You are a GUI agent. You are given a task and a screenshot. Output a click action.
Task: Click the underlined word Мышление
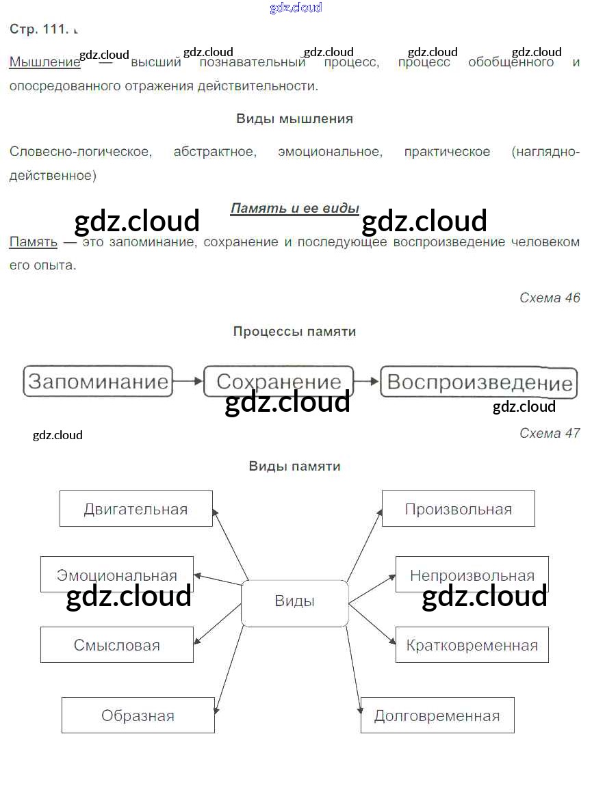(x=44, y=62)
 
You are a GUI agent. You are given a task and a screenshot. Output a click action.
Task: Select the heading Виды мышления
(x=294, y=119)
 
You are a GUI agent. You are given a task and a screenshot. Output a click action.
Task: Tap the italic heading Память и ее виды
(x=294, y=208)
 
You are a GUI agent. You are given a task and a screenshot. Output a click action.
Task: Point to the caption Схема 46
(x=550, y=298)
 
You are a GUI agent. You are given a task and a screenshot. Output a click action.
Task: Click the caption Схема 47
(x=550, y=433)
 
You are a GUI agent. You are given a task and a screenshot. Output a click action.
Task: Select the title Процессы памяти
(x=294, y=332)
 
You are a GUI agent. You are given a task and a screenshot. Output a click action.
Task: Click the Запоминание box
(x=99, y=381)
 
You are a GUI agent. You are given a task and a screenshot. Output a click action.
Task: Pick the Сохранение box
(x=279, y=381)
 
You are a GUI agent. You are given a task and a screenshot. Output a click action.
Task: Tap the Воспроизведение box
(x=479, y=382)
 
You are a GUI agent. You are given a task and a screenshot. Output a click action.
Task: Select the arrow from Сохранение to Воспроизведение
(x=367, y=381)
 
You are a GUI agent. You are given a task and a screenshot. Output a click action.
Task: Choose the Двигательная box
(x=136, y=509)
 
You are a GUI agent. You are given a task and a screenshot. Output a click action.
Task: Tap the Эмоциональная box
(x=116, y=575)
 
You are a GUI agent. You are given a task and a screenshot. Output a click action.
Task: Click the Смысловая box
(x=116, y=645)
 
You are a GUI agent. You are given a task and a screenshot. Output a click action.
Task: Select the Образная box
(x=138, y=716)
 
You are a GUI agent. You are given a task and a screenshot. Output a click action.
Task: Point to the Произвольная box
(x=458, y=509)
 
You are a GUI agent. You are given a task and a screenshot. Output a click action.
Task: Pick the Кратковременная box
(x=472, y=645)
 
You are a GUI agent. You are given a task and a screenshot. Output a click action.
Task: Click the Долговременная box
(x=437, y=716)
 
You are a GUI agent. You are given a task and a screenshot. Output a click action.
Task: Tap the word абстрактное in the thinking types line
(x=215, y=152)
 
